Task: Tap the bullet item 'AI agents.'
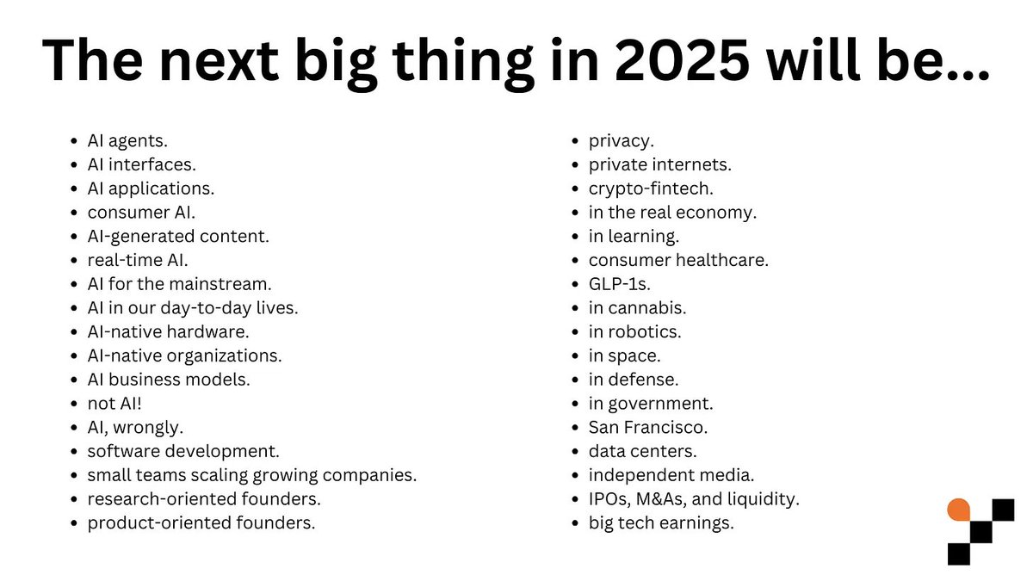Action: [x=127, y=139]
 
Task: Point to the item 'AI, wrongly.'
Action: [x=135, y=427]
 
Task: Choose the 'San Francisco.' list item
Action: [x=648, y=427]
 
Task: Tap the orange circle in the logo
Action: [x=958, y=510]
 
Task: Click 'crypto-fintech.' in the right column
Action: [x=651, y=188]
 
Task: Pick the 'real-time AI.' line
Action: [x=138, y=259]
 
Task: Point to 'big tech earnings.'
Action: [x=661, y=522]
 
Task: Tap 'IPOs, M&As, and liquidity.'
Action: [x=694, y=498]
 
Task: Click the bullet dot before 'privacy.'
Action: [x=577, y=140]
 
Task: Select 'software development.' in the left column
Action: [x=183, y=451]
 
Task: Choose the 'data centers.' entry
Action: [x=642, y=451]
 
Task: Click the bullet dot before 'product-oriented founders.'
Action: [x=76, y=523]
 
